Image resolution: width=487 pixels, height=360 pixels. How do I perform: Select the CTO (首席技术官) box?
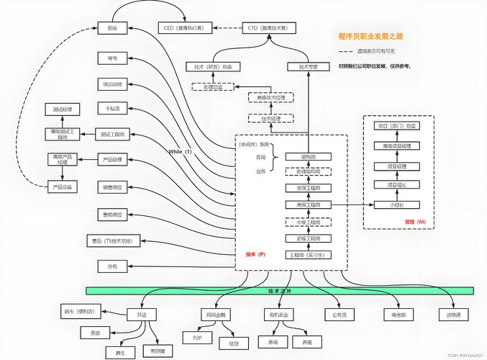[x=267, y=28]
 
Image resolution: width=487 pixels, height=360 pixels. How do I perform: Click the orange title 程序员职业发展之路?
[x=370, y=35]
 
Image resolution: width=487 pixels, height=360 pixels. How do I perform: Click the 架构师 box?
[x=307, y=156]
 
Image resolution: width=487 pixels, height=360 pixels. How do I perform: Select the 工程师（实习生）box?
[x=307, y=255]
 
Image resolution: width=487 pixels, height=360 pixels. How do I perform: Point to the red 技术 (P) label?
[x=255, y=254]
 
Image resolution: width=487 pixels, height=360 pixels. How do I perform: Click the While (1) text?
[x=180, y=152]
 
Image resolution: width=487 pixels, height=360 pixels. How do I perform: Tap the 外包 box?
[x=111, y=266]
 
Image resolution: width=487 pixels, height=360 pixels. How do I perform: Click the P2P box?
[x=197, y=336]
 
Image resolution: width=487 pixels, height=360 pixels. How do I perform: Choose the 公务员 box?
[x=340, y=315]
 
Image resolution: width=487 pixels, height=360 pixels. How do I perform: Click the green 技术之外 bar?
[x=279, y=291]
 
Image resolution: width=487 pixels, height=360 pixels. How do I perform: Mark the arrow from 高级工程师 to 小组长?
[x=352, y=204]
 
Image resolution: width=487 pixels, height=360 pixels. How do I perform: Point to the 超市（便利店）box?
[x=83, y=312]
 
